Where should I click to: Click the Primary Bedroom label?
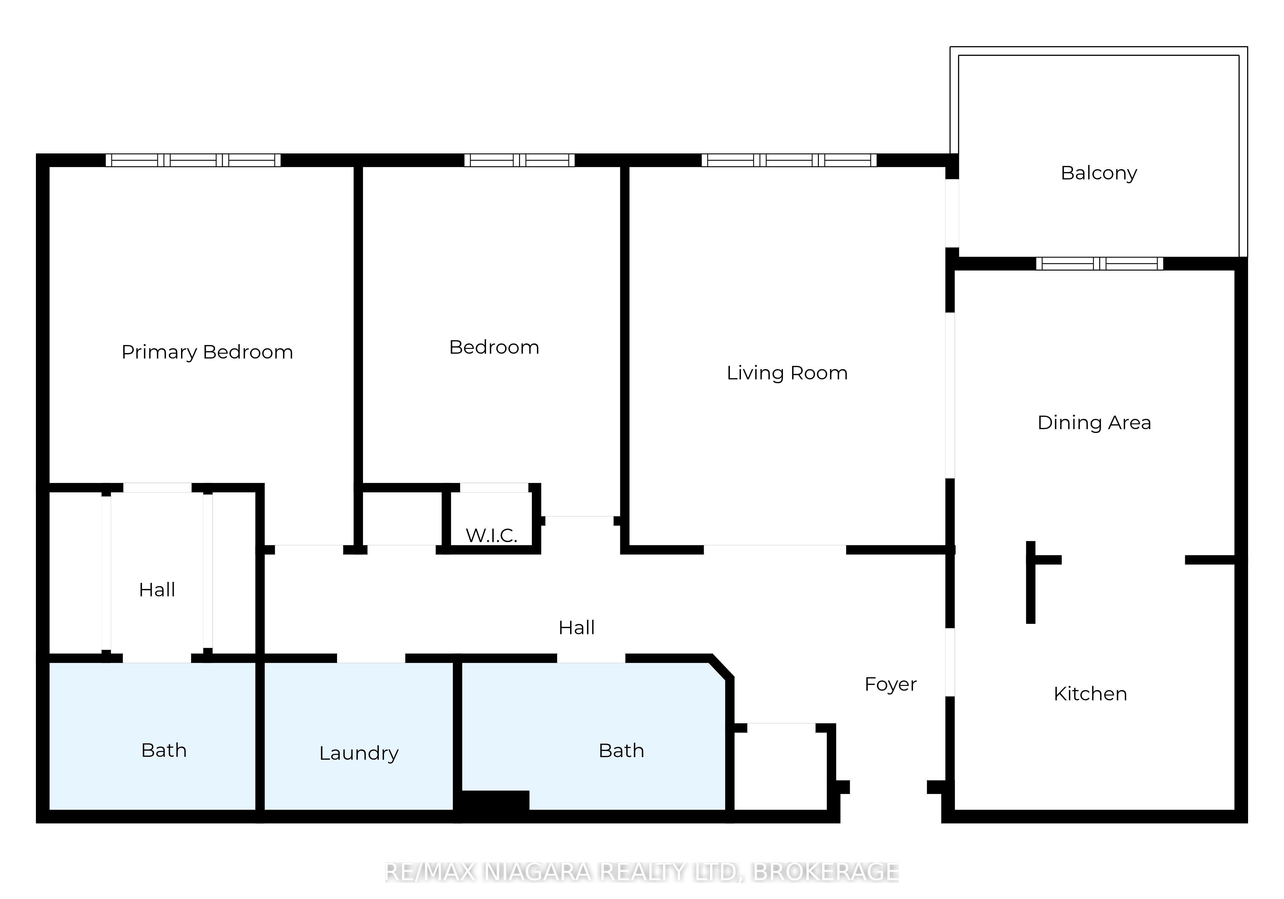(207, 352)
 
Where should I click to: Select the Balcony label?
(1099, 173)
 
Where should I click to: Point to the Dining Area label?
(1094, 423)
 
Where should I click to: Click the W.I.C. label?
(491, 536)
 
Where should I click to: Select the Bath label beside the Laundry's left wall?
(164, 750)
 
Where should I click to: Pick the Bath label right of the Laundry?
(621, 750)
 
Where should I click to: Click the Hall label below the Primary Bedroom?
(157, 590)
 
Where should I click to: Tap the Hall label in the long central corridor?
(577, 628)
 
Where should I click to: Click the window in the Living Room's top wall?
(789, 160)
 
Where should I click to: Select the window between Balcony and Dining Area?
(1099, 263)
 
